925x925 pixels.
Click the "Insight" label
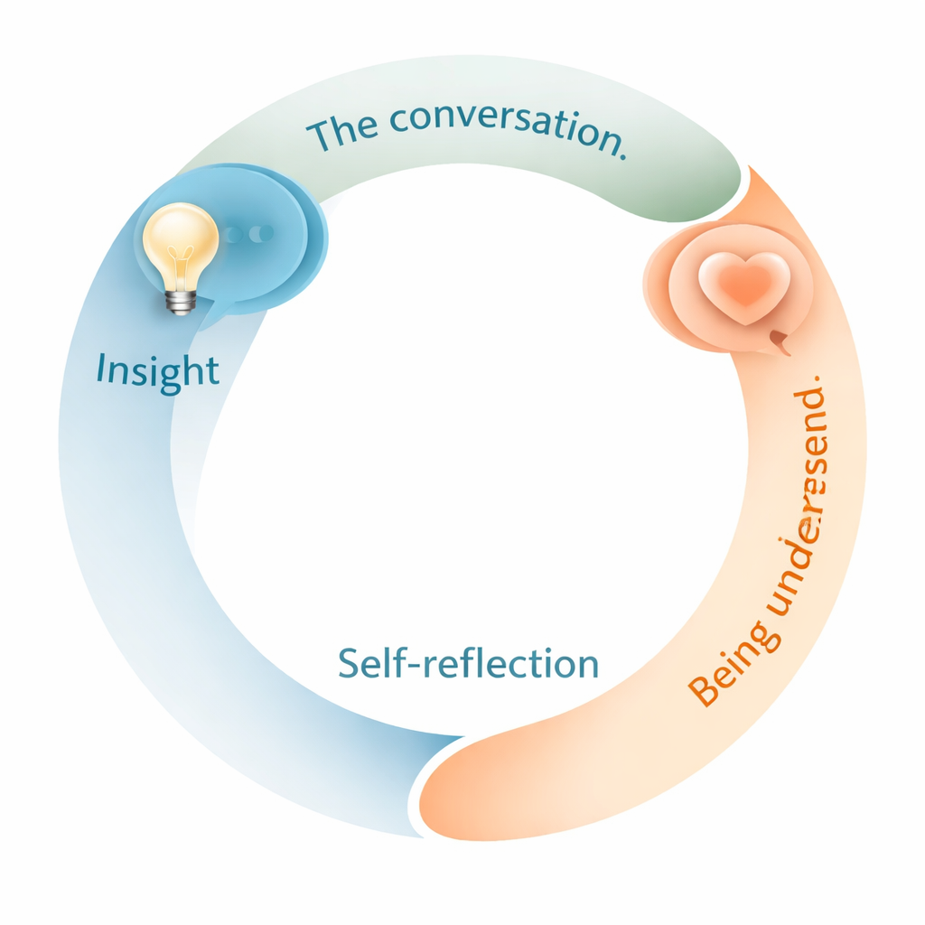pos(157,369)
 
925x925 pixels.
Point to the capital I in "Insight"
pos(101,369)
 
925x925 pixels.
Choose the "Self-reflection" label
pos(468,663)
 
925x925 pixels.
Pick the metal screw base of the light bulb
pos(181,301)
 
